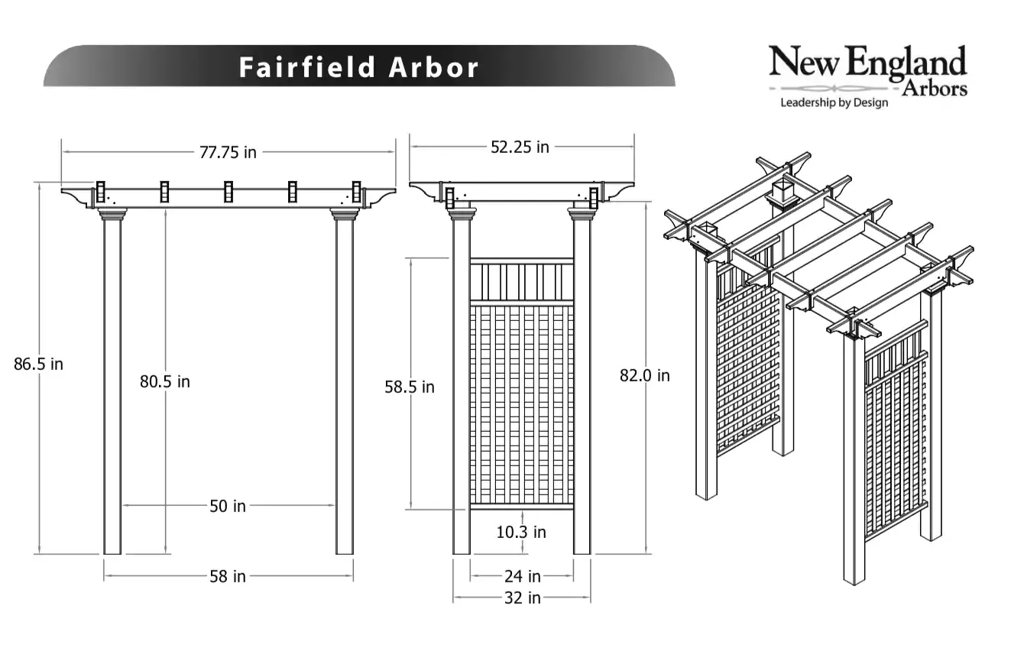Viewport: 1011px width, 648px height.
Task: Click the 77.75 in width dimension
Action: [x=228, y=153]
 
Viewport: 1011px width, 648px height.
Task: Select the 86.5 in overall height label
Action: [x=38, y=364]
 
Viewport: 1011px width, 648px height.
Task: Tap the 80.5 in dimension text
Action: [x=165, y=382]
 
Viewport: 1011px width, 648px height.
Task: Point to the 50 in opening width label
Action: [x=228, y=507]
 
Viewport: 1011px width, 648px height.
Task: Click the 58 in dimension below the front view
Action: [x=228, y=577]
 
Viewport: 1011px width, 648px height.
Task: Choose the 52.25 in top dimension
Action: [x=520, y=147]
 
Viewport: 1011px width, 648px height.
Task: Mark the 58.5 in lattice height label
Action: [x=410, y=387]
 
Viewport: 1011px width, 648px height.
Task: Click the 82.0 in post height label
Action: [x=644, y=375]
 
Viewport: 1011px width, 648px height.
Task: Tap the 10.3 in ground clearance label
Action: [x=521, y=533]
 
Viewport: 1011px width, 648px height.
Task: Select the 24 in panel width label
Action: [x=523, y=576]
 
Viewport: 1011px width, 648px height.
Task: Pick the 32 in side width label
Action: [x=523, y=598]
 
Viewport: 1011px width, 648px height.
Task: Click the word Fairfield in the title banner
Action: [x=307, y=67]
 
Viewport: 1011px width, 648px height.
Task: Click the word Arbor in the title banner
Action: [x=433, y=67]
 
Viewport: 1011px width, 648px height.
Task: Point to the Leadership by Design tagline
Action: [x=834, y=103]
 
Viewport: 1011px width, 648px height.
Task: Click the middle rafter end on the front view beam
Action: [x=228, y=192]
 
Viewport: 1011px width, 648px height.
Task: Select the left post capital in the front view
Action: [x=112, y=215]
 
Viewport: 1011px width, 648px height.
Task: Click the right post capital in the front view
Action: [x=345, y=215]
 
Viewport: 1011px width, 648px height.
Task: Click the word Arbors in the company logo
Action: [x=935, y=89]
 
